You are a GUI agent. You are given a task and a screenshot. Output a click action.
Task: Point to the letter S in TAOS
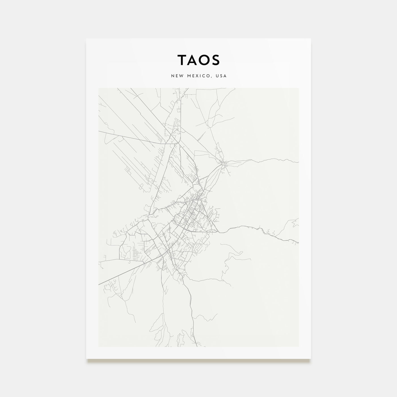pyautogui.click(x=215, y=60)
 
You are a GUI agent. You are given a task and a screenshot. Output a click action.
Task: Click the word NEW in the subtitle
pyautogui.click(x=176, y=76)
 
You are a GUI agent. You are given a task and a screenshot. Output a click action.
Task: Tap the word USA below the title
pyautogui.click(x=221, y=76)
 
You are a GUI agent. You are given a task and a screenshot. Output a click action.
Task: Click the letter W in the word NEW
pyautogui.click(x=180, y=76)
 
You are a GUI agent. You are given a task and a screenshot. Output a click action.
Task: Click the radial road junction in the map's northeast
pyautogui.click(x=224, y=163)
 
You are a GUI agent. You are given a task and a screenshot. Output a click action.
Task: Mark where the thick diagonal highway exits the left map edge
pyautogui.click(x=99, y=284)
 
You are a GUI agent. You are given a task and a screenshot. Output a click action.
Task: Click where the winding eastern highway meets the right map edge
pyautogui.click(x=298, y=242)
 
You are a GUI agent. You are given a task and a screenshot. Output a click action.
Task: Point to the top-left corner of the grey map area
pyautogui.click(x=99, y=88)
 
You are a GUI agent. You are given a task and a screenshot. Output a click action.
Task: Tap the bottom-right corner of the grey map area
pyautogui.click(x=298, y=346)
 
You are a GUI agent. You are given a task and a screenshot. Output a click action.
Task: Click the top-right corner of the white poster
pyautogui.click(x=311, y=39)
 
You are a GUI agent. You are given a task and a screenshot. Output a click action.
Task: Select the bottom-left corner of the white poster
pyautogui.click(x=86, y=358)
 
